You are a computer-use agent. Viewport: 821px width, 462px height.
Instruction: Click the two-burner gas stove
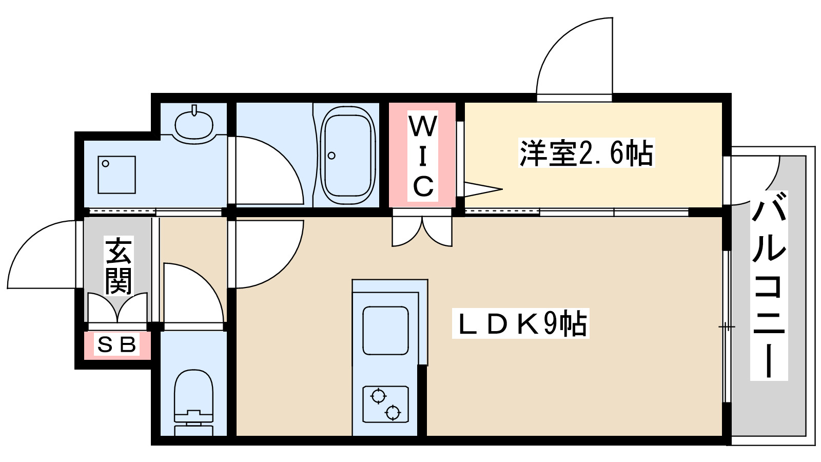click(385, 404)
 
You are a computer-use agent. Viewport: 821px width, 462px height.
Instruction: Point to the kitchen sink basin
click(385, 330)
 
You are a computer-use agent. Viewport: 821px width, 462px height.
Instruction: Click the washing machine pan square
click(117, 175)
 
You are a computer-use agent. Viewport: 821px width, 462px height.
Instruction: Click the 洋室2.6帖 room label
click(587, 153)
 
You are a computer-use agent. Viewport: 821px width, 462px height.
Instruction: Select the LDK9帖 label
click(520, 323)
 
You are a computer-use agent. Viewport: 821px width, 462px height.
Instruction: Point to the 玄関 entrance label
click(119, 266)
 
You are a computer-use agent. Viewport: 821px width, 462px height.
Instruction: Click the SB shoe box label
click(117, 344)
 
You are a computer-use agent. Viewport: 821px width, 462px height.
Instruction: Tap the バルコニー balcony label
click(769, 285)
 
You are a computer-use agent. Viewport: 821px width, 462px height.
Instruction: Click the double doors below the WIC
click(422, 231)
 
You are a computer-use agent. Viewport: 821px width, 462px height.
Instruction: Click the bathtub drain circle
click(331, 156)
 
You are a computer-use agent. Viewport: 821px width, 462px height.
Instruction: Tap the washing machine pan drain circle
click(106, 164)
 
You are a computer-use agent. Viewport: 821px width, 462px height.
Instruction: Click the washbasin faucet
click(194, 110)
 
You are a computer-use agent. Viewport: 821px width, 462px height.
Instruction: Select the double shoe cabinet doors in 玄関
click(118, 308)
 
